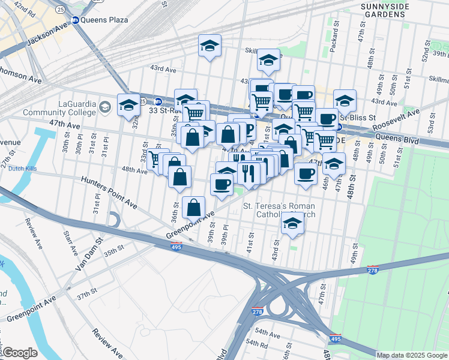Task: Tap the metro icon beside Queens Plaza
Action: point(76,20)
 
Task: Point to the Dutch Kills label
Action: point(23,169)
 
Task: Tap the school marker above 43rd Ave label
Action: point(209,45)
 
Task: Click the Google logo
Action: point(20,352)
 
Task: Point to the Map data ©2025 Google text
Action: point(411,355)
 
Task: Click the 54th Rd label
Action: point(257,344)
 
